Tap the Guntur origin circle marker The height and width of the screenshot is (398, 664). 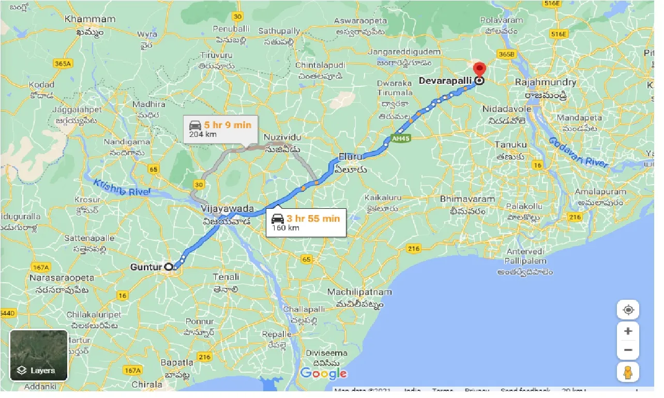pos(168,267)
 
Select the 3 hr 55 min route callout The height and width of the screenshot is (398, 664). pos(306,222)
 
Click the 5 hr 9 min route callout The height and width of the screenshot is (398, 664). pos(220,129)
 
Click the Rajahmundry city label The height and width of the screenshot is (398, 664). pos(546,82)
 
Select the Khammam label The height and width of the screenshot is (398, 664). pos(90,19)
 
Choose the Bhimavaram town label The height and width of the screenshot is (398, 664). pos(467,198)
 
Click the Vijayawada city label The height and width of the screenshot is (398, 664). pos(228,209)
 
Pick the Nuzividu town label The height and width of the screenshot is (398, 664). pos(282,137)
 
